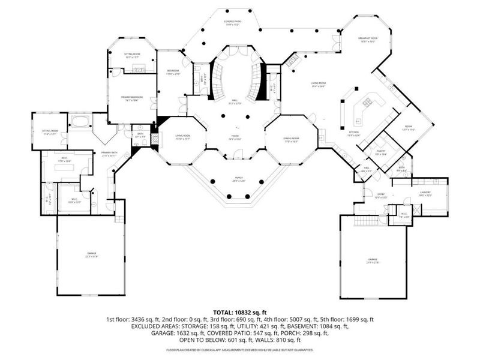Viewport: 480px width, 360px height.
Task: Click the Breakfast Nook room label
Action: [x=367, y=40]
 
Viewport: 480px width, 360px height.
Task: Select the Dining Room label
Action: [x=292, y=140]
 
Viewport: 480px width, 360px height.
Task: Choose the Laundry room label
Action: [x=425, y=193]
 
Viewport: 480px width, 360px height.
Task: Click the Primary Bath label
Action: [x=110, y=154]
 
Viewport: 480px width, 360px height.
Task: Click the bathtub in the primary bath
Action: [x=80, y=123]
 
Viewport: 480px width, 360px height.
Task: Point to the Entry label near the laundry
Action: [x=378, y=197]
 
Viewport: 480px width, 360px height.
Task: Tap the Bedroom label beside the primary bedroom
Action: [x=173, y=72]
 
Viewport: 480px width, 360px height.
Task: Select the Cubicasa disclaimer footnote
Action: [x=239, y=349]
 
